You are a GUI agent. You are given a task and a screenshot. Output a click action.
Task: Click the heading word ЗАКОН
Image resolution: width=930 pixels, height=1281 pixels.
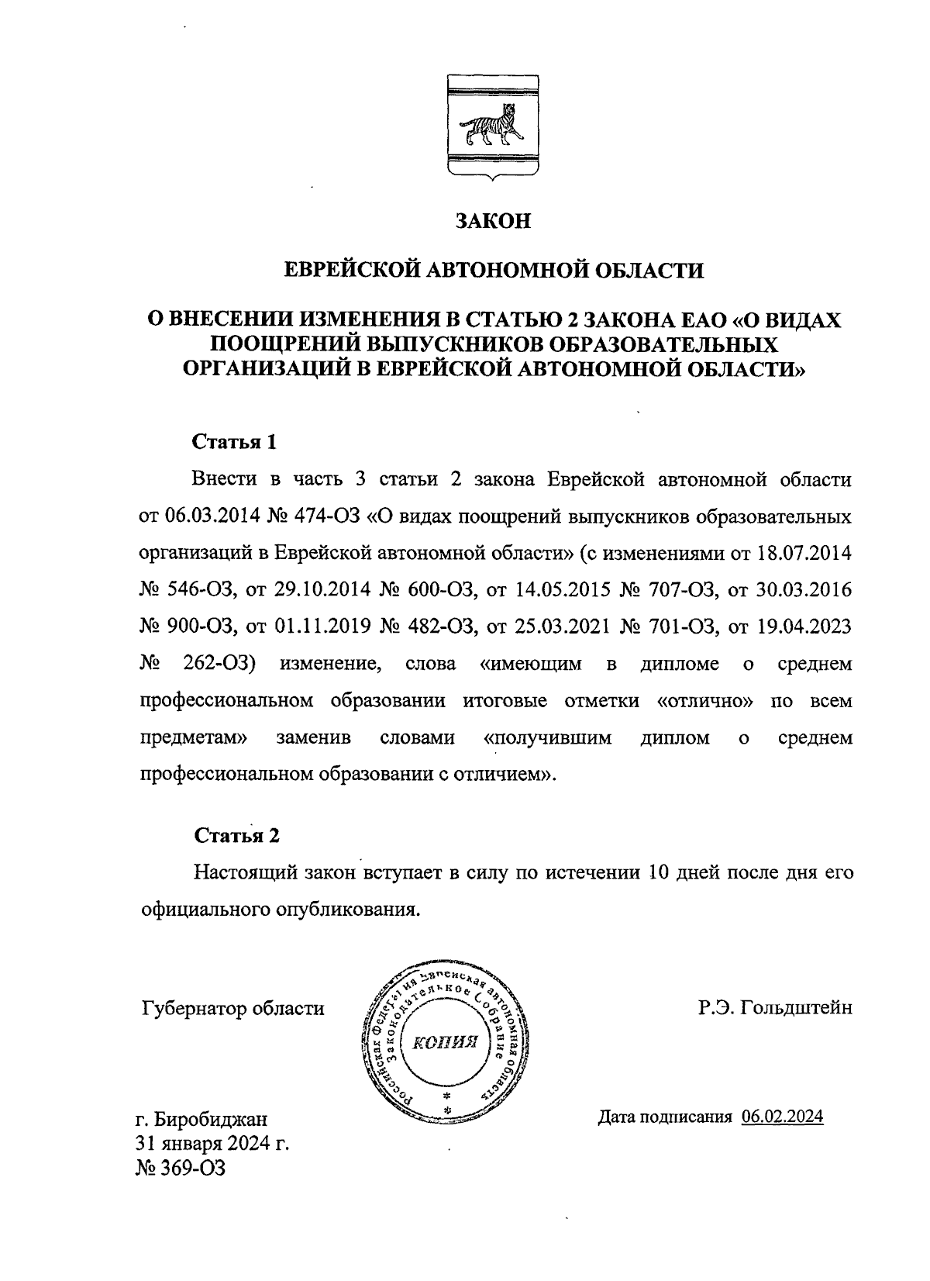coord(493,221)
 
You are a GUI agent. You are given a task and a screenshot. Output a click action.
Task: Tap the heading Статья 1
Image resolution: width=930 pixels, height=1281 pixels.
coord(234,442)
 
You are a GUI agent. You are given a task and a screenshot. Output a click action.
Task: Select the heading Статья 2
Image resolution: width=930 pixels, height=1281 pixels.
coord(236,835)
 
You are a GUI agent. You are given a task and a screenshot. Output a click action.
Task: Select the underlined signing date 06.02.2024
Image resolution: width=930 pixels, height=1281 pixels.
coord(781,1117)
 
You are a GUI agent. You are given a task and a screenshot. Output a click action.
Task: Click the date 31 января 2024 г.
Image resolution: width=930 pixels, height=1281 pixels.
coord(212,1144)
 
